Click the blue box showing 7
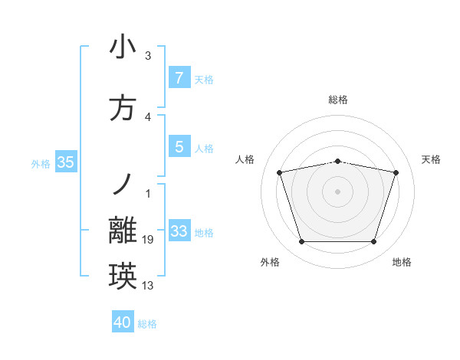pyautogui.click(x=179, y=78)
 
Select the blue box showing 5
pyautogui.click(x=179, y=147)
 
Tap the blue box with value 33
pyautogui.click(x=179, y=231)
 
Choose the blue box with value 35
pyautogui.click(x=65, y=162)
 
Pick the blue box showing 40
pyautogui.click(x=123, y=322)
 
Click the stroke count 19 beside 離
pyautogui.click(x=148, y=240)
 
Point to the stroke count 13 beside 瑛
pyautogui.click(x=148, y=286)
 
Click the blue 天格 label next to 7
pyautogui.click(x=204, y=79)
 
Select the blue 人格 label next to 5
pyautogui.click(x=204, y=148)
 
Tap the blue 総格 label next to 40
pyautogui.click(x=147, y=324)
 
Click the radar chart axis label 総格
pyautogui.click(x=338, y=100)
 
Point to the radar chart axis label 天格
pyautogui.click(x=432, y=159)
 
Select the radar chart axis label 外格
pyautogui.click(x=270, y=262)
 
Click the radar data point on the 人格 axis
pyautogui.click(x=280, y=172)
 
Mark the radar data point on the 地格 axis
pyautogui.click(x=373, y=242)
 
